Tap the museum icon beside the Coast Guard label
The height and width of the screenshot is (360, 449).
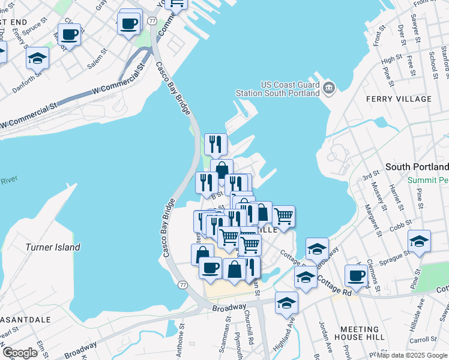328,89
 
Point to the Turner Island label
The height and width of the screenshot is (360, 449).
53,247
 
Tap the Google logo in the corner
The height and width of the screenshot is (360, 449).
20,353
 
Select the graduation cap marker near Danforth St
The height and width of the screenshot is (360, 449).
37,59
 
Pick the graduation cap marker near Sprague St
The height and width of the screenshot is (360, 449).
419,242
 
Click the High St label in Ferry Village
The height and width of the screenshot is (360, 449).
391,59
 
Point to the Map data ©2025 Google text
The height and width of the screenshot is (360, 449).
412,355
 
